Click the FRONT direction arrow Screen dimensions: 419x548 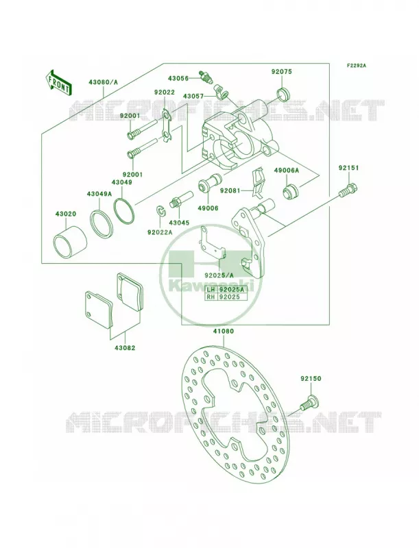point(59,82)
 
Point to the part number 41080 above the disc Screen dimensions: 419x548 point(224,331)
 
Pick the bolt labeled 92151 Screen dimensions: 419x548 point(348,189)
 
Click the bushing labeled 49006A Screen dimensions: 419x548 point(289,192)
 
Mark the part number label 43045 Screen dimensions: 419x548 point(179,223)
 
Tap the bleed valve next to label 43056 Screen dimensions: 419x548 point(205,77)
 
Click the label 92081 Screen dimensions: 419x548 point(230,191)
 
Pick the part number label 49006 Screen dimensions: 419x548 point(208,208)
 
